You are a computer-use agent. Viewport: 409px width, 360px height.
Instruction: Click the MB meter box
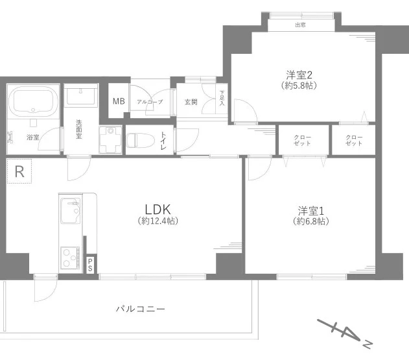(119, 101)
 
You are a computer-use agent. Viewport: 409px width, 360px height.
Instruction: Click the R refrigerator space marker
(19, 172)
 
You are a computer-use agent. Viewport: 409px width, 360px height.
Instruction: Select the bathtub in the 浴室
(32, 102)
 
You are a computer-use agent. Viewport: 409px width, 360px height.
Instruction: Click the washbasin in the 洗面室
(80, 97)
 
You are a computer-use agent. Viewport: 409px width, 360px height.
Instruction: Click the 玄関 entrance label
(191, 102)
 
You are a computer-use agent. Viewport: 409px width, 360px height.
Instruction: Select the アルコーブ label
(150, 102)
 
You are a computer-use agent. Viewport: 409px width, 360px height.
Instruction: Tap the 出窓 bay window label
(300, 25)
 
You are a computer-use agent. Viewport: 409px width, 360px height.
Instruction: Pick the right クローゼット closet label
(354, 140)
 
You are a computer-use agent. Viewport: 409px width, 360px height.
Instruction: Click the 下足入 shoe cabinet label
(221, 99)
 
